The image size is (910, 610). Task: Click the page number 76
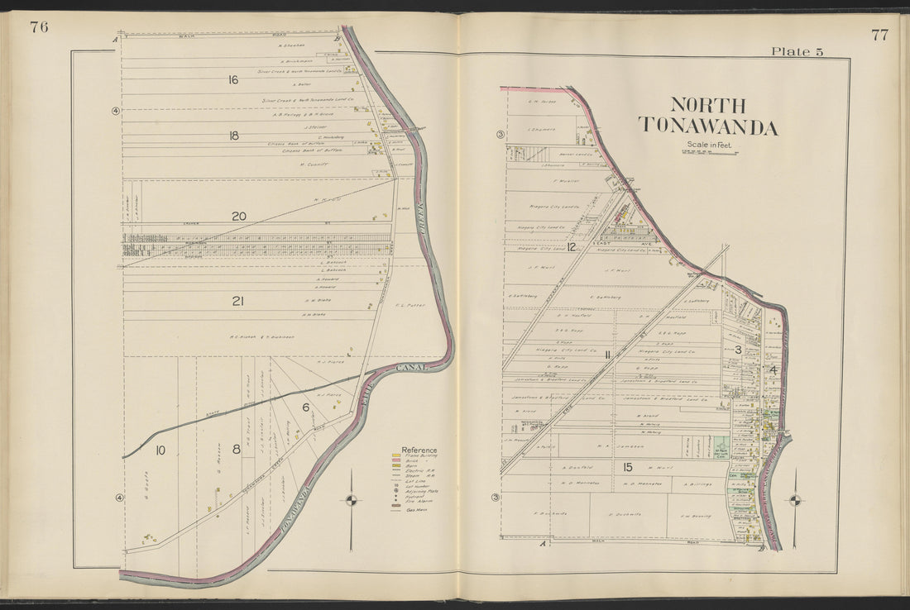click(39, 27)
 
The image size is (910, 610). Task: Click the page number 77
click(879, 35)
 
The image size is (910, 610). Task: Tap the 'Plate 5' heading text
click(797, 51)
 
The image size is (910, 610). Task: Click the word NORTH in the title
click(707, 106)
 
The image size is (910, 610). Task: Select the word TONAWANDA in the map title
click(707, 127)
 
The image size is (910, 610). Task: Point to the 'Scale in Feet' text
click(707, 145)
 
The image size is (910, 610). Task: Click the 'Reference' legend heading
click(419, 450)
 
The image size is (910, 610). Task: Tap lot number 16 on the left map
click(233, 80)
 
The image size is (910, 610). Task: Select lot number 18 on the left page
click(233, 136)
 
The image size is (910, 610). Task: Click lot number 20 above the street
click(238, 217)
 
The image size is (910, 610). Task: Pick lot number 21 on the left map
click(237, 302)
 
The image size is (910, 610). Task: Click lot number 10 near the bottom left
click(160, 450)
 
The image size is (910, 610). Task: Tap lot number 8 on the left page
click(236, 450)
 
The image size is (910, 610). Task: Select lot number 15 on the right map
click(628, 467)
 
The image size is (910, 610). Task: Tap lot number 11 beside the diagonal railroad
click(607, 355)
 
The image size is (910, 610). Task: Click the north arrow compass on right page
click(795, 499)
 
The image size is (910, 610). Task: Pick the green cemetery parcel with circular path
click(721, 446)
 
